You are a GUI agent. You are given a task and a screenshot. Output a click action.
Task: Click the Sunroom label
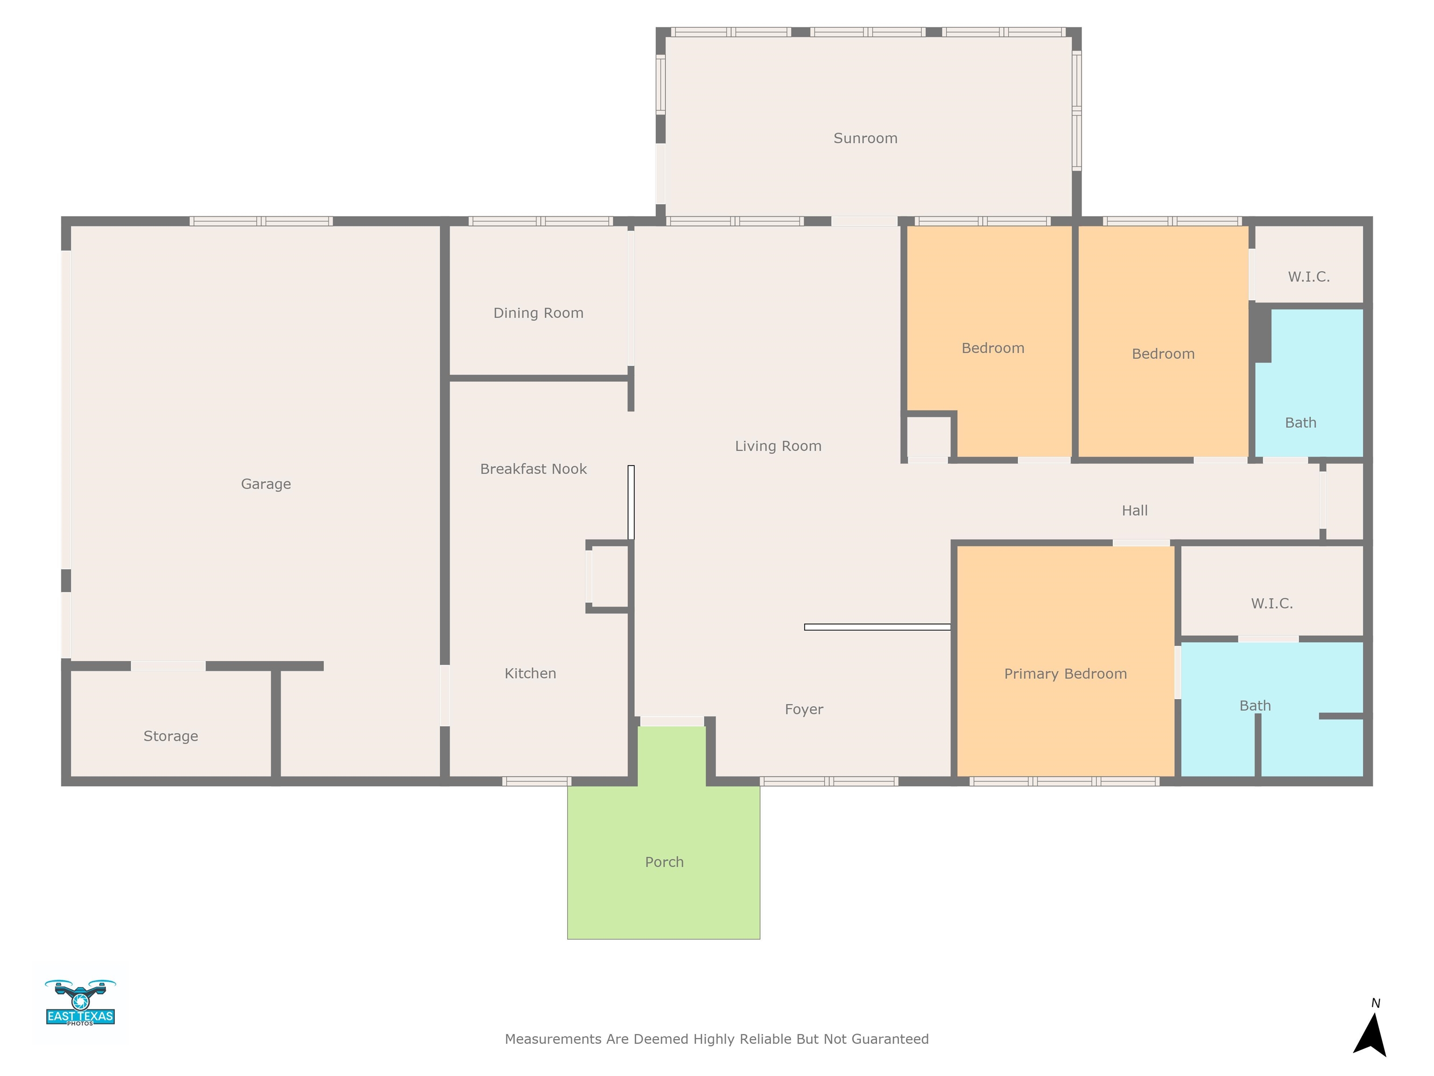point(865,138)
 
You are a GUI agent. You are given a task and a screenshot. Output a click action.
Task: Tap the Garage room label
point(266,484)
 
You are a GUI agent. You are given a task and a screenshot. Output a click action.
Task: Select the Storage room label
point(170,736)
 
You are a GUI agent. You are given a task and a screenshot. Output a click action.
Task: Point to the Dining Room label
point(538,313)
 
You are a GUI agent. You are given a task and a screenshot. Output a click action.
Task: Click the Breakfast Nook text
point(533,469)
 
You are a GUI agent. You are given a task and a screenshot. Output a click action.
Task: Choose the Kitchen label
point(530,673)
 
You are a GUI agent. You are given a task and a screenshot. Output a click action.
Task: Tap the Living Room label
point(778,446)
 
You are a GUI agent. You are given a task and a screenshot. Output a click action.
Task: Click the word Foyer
point(804,709)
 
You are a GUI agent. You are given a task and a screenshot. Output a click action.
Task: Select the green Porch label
point(664,862)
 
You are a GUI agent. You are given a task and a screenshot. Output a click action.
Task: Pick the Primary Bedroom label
point(1065,674)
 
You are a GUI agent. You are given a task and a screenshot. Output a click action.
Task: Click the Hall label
point(1134,510)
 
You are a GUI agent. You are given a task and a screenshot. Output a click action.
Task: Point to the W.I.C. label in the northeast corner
point(1309,277)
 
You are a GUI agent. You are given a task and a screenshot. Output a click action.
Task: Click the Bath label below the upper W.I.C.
point(1300,423)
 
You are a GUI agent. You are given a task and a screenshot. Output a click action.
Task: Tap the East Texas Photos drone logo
point(80,1003)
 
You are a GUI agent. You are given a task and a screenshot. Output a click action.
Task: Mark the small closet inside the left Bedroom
point(928,437)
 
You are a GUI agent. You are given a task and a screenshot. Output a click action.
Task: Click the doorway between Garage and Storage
point(168,666)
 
